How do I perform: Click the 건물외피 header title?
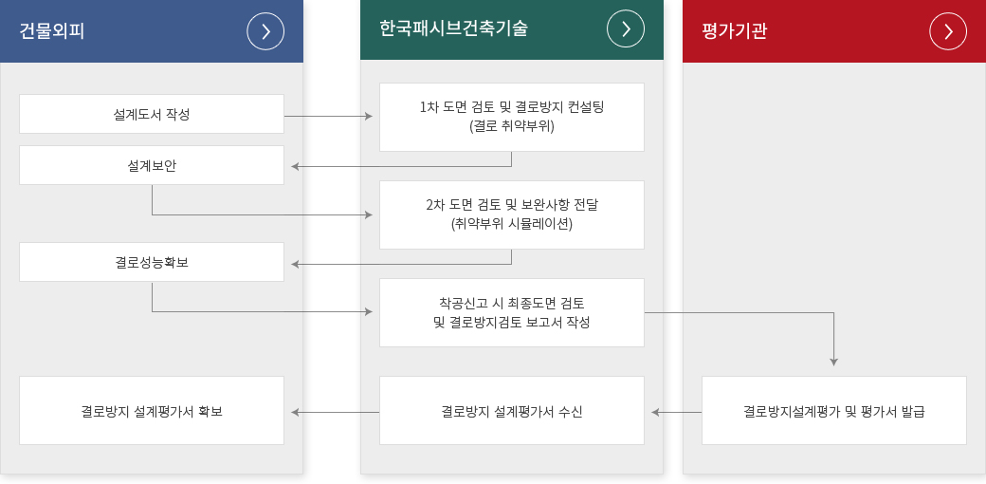tap(52, 30)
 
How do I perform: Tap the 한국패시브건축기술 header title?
tap(453, 28)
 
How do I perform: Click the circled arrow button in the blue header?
tap(265, 30)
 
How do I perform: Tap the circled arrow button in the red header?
tap(948, 30)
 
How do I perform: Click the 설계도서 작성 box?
tap(152, 114)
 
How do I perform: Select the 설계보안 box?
tap(152, 165)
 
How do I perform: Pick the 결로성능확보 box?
tap(152, 262)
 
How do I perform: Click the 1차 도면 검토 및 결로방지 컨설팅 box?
tap(512, 117)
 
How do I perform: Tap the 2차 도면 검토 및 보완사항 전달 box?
tap(512, 214)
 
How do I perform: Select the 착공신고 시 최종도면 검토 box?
tap(512, 313)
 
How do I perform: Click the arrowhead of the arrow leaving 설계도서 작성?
tap(369, 117)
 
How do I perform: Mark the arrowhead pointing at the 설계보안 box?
tap(295, 167)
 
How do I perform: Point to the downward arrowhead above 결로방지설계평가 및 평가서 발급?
tap(833, 363)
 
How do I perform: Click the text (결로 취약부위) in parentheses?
tap(512, 126)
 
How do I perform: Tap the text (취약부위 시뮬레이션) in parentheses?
tap(512, 224)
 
